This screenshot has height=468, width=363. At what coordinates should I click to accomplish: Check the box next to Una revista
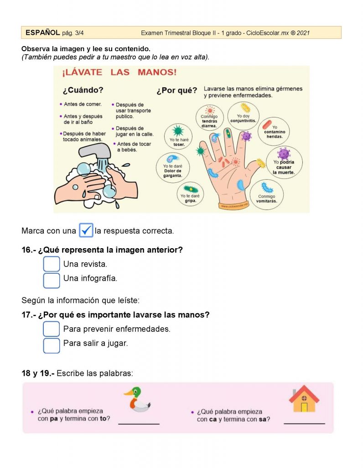[51, 264]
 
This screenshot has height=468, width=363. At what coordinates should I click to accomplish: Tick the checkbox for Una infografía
[51, 281]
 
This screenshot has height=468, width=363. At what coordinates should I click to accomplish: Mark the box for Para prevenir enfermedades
[51, 329]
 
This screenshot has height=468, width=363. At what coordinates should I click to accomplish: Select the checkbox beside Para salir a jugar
[51, 346]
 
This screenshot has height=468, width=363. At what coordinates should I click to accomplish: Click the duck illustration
[137, 399]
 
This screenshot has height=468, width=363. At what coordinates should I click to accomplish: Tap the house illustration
[304, 399]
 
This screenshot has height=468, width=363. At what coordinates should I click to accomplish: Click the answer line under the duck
[139, 424]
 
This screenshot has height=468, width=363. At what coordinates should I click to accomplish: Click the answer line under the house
[304, 423]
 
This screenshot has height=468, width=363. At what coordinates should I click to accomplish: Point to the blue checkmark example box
[86, 230]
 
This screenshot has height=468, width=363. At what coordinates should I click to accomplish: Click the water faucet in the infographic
[95, 151]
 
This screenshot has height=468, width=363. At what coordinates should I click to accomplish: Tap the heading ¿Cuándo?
[83, 90]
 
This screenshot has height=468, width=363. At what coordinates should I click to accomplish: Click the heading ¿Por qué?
[177, 90]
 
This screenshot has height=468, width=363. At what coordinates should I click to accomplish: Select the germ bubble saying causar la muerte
[284, 162]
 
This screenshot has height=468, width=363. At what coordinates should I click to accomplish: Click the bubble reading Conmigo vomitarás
[266, 194]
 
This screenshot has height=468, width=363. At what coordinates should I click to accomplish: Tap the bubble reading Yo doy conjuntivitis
[243, 116]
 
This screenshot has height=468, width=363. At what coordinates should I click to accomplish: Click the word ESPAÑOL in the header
[42, 32]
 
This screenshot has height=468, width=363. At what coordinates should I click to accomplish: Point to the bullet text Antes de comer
[83, 104]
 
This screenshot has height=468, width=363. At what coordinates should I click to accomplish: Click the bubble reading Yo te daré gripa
[190, 194]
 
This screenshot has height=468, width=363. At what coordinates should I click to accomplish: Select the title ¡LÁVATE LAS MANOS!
[119, 72]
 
